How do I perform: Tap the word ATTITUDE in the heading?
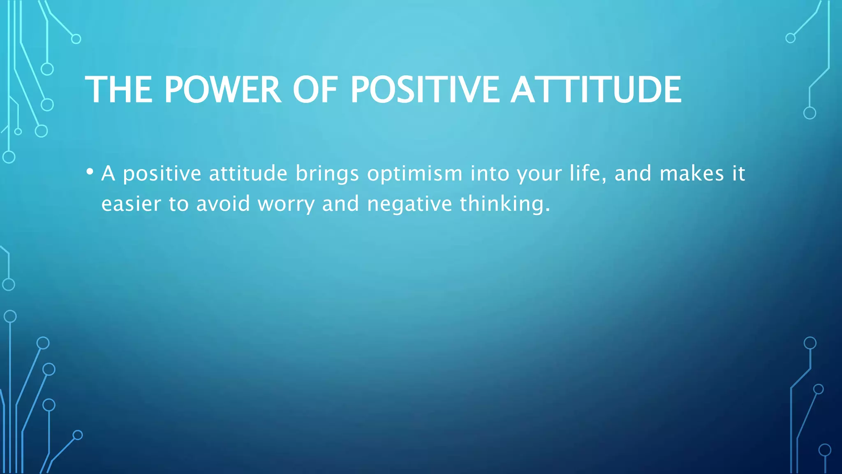click(x=596, y=90)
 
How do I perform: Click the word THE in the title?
click(x=118, y=90)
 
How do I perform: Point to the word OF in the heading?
click(x=315, y=90)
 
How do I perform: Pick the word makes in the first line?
click(x=692, y=173)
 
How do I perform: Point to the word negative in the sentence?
click(x=409, y=204)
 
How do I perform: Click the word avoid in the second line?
click(x=223, y=204)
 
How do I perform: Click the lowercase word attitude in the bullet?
click(x=248, y=173)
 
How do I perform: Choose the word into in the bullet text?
click(x=490, y=173)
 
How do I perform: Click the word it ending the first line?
click(x=738, y=173)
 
